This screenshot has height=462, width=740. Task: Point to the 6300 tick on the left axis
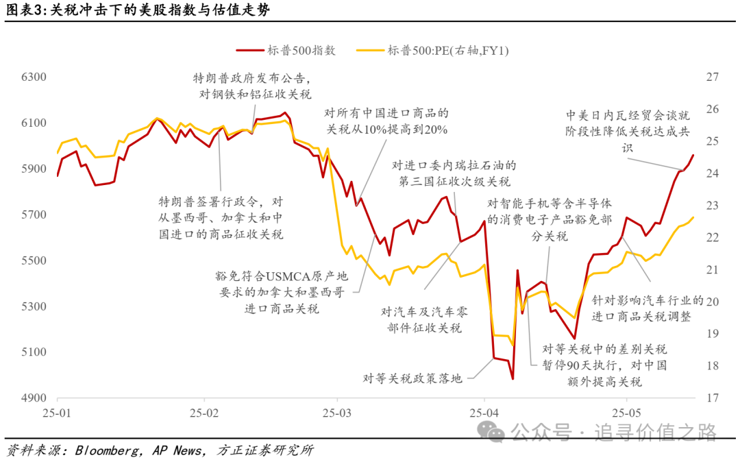[x=34, y=77]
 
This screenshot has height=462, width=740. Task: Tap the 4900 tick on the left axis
[x=34, y=398]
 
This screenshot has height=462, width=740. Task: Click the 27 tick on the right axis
[x=713, y=77]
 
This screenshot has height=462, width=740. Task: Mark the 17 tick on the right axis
[x=713, y=398]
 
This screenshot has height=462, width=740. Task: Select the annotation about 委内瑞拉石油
[x=453, y=173]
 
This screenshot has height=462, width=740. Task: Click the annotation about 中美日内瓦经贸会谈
[x=628, y=131]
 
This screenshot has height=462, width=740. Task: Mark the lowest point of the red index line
[x=512, y=378]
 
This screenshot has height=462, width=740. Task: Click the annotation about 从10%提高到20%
[x=386, y=121]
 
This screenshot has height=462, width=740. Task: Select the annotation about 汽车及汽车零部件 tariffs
[x=422, y=319]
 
